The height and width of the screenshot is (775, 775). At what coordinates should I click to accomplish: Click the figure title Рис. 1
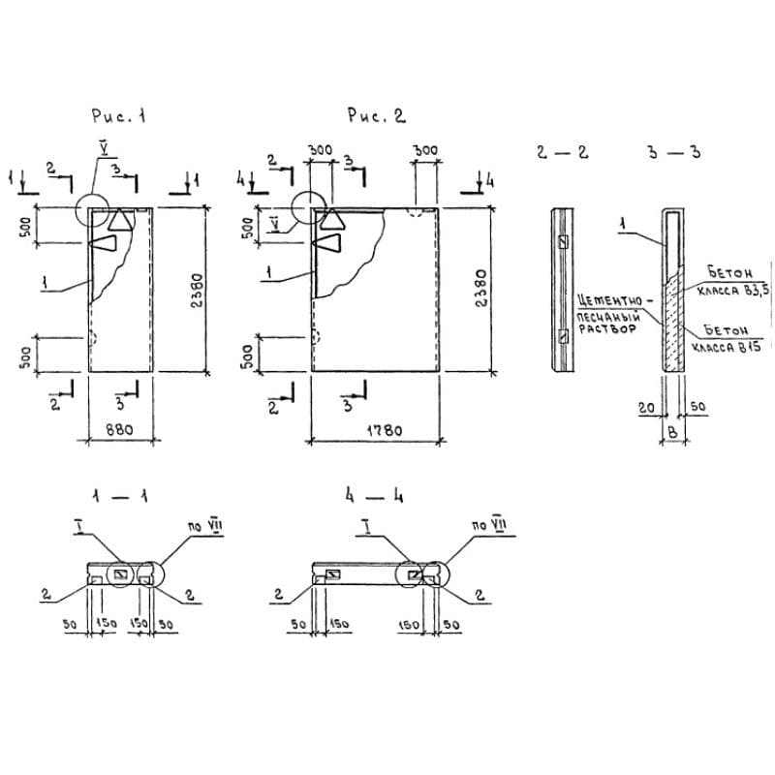[118, 116]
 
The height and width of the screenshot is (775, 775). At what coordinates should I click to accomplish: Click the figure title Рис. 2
[377, 116]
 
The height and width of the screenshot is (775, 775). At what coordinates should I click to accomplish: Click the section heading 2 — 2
[562, 153]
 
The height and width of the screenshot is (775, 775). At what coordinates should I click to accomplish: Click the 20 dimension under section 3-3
[645, 410]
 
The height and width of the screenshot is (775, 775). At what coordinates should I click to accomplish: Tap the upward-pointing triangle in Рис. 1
[121, 220]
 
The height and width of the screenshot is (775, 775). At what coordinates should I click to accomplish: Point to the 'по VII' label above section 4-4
[489, 526]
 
